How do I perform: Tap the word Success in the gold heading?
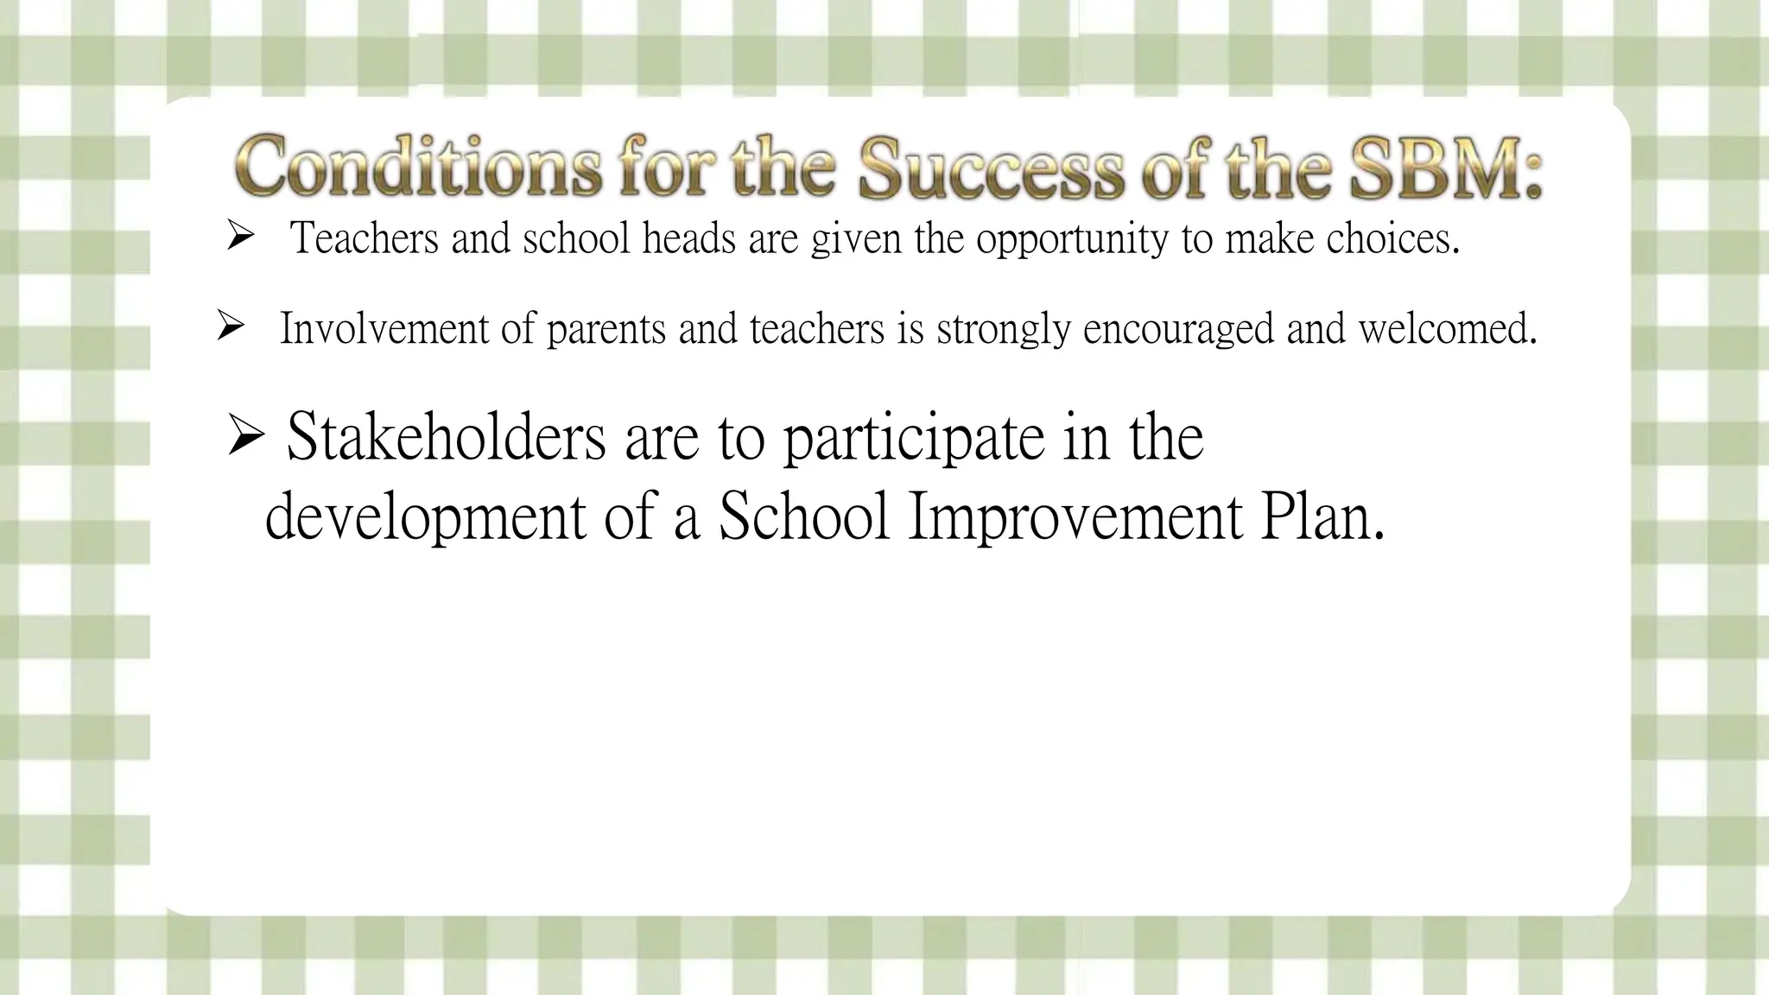(x=991, y=168)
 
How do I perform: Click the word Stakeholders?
(x=446, y=437)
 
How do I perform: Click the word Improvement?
(x=1075, y=518)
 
